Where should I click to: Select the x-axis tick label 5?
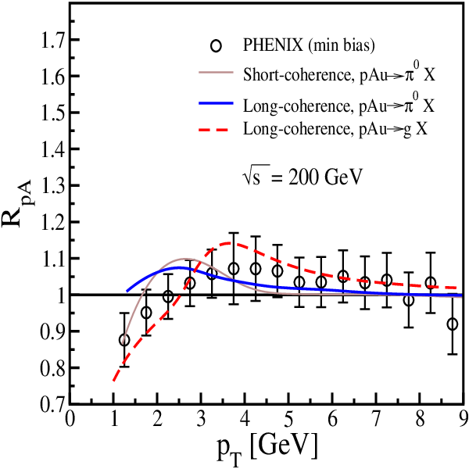pyautogui.click(x=289, y=420)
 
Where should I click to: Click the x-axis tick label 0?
pyautogui.click(x=70, y=420)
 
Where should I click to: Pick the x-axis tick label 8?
pyautogui.click(x=421, y=420)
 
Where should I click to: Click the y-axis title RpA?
pyautogui.click(x=18, y=204)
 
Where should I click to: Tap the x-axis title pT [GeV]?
pyautogui.click(x=267, y=449)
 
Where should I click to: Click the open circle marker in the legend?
pyautogui.click(x=216, y=46)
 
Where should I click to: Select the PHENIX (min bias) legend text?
pyautogui.click(x=309, y=45)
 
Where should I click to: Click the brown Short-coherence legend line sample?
pyautogui.click(x=216, y=72)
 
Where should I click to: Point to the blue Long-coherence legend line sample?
pyautogui.click(x=216, y=103)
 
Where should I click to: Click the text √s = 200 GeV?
pyautogui.click(x=302, y=177)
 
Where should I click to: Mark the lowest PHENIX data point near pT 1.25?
pyautogui.click(x=124, y=340)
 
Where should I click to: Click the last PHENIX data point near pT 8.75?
pyautogui.click(x=453, y=324)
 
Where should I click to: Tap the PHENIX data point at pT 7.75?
pyautogui.click(x=409, y=300)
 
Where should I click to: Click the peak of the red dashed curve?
pyautogui.click(x=230, y=242)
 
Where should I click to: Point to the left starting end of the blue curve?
pyautogui.click(x=127, y=291)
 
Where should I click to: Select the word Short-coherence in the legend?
pyautogui.click(x=296, y=75)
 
